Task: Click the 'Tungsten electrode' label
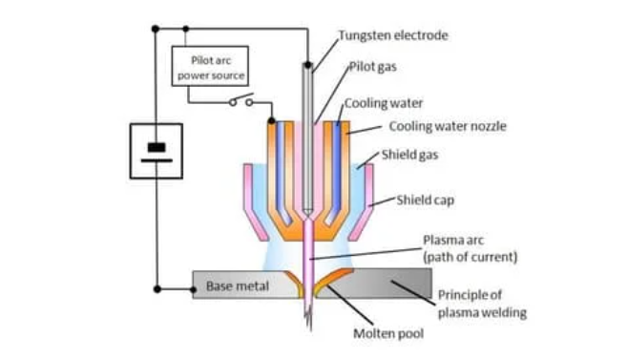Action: [x=392, y=35]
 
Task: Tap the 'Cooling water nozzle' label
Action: [x=433, y=126]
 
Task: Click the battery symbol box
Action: [x=156, y=152]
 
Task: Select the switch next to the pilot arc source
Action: [x=240, y=101]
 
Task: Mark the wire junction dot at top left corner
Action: [x=156, y=29]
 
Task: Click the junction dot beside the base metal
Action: [x=156, y=286]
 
